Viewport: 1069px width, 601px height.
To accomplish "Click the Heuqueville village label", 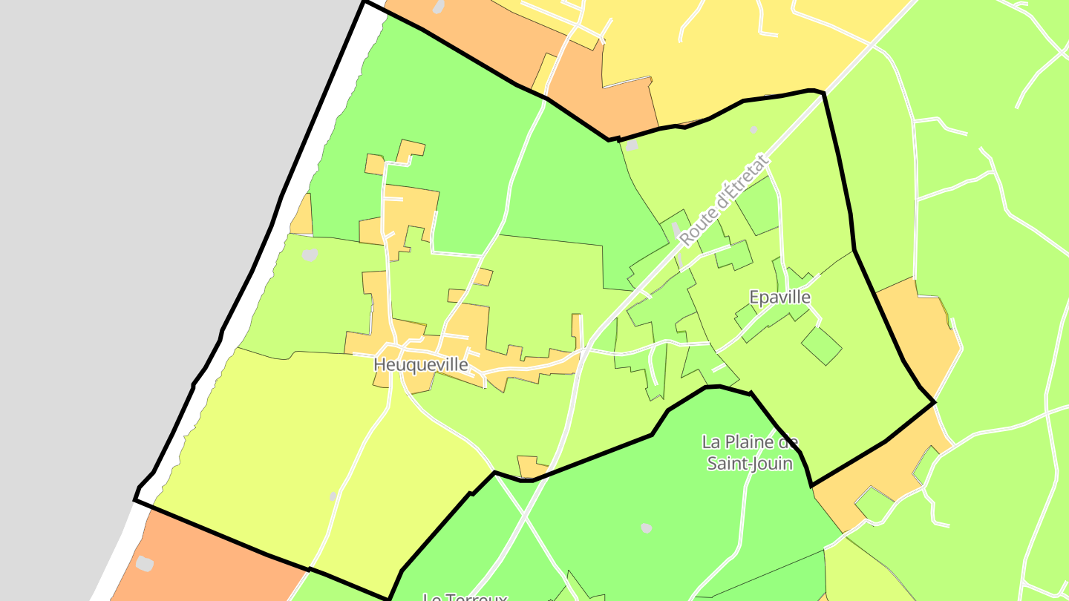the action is point(421,365).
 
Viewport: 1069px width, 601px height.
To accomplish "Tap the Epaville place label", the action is point(779,298).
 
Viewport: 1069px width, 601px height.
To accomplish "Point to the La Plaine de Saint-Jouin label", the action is point(750,453).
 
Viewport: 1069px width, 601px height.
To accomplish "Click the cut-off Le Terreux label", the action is point(465,597).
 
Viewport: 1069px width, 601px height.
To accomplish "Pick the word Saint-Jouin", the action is point(750,464).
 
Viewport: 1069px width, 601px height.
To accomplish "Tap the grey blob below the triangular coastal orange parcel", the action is point(310,255).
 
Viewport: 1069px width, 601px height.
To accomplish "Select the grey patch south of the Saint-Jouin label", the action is point(647,528).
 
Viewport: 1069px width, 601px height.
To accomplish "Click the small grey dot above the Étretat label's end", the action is point(753,130).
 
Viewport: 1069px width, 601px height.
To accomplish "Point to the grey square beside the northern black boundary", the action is point(632,146).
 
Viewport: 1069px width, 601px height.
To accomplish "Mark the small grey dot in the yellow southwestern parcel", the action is point(333,496).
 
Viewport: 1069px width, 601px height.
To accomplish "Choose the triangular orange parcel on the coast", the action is point(302,217).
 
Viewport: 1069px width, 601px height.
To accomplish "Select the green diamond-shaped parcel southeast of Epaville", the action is point(821,346).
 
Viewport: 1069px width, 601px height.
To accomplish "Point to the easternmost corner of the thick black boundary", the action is point(934,402).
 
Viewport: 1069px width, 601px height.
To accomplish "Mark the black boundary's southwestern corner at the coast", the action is point(135,500).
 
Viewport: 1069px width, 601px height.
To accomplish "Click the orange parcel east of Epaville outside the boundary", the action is point(913,326).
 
